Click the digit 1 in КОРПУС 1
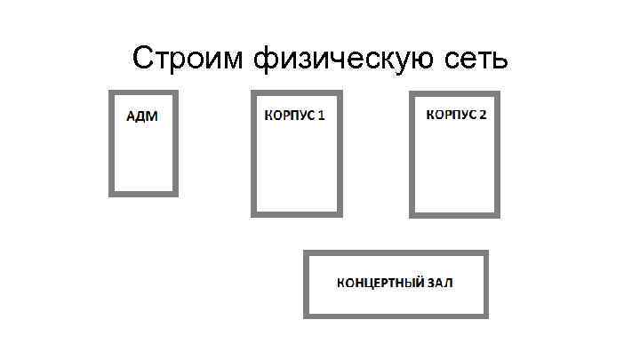(321, 116)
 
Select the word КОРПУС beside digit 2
(452, 116)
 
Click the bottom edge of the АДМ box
(143, 193)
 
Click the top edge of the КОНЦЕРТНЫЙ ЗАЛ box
(396, 254)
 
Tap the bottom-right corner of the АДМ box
(175, 193)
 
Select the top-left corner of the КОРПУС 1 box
(253, 92)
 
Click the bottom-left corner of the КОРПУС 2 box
(412, 214)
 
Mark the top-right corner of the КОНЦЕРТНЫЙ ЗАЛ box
(486, 254)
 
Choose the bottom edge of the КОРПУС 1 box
(297, 213)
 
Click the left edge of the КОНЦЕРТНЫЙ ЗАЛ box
(306, 284)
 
